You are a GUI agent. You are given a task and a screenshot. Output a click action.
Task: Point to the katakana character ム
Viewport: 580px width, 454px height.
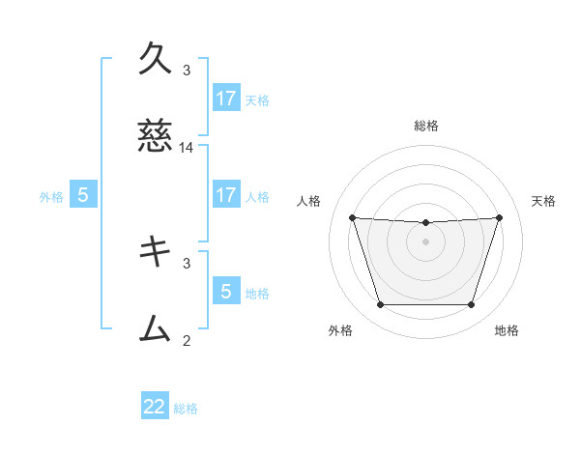tap(155, 328)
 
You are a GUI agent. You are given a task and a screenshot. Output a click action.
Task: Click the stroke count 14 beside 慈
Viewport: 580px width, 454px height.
tap(187, 148)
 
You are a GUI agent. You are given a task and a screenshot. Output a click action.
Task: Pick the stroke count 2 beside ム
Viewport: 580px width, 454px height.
tap(187, 340)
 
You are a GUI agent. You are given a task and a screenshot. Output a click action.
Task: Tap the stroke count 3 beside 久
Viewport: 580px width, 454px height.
tap(187, 70)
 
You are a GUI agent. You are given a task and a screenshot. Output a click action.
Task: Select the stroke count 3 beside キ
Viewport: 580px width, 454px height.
tap(187, 262)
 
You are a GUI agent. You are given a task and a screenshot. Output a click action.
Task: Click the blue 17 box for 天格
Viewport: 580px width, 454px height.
tap(225, 98)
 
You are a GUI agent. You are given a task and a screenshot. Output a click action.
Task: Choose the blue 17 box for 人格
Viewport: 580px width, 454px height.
tap(225, 194)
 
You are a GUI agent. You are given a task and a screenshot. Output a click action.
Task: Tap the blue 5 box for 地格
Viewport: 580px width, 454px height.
tap(225, 291)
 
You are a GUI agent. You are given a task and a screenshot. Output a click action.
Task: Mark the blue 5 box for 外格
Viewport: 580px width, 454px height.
tap(83, 194)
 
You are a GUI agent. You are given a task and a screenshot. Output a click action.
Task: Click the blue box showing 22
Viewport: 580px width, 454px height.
tap(155, 407)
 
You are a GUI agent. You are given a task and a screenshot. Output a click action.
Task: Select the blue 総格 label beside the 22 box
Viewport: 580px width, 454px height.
tap(186, 409)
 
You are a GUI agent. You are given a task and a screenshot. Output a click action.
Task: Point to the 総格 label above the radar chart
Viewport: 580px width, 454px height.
tap(425, 126)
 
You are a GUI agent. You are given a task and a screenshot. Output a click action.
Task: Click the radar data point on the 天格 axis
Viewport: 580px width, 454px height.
tap(499, 217)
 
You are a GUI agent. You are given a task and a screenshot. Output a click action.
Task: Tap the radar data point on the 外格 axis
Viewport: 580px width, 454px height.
tap(380, 304)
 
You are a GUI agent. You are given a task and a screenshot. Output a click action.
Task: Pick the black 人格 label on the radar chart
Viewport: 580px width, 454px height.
tap(309, 201)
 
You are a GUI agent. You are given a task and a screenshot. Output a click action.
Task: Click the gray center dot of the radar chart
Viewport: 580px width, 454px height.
tap(425, 241)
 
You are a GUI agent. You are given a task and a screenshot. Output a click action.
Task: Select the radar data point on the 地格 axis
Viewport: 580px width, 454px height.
tap(471, 304)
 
